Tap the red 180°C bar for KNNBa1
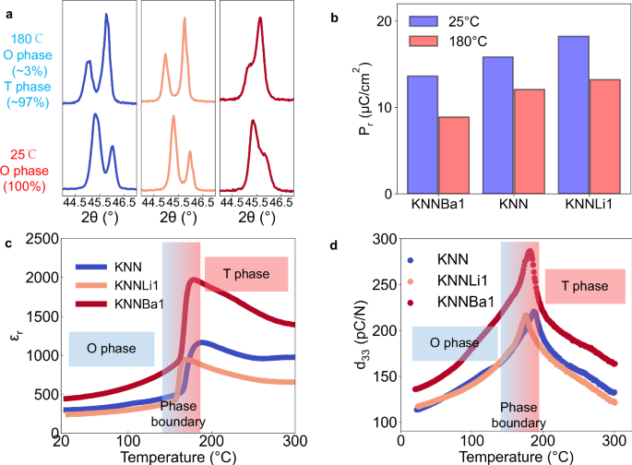point(453,155)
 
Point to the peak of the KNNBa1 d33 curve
point(530,252)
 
